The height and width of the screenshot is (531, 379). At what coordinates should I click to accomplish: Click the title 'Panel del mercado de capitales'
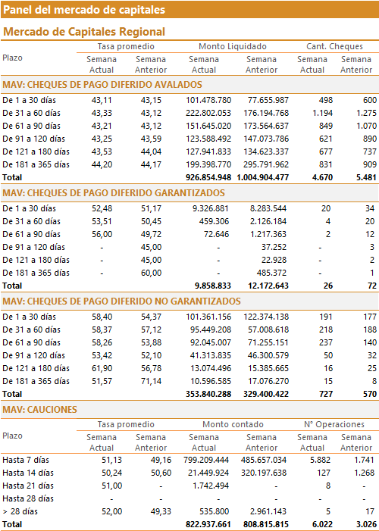84,10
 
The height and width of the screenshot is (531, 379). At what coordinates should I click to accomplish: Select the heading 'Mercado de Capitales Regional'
84,32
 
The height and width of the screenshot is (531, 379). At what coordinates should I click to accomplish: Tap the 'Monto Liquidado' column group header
233,46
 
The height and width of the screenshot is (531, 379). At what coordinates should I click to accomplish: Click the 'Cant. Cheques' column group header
334,46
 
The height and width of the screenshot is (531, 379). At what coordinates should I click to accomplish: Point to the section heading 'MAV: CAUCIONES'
39,410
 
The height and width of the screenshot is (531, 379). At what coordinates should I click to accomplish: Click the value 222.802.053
208,113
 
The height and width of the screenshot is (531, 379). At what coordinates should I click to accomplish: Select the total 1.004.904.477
263,177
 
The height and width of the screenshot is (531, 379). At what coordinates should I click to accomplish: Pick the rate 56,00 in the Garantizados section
102,234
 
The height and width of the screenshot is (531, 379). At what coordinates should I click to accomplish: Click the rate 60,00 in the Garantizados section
151,273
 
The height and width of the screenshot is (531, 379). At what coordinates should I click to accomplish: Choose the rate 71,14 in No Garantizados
151,381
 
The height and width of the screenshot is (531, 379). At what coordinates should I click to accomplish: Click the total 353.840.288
208,394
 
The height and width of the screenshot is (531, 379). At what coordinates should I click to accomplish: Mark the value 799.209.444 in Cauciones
206,461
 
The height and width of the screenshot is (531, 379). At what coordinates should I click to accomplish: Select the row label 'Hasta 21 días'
28,486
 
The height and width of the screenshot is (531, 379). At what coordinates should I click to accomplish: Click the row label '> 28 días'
20,512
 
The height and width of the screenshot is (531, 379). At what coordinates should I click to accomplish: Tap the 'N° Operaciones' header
334,424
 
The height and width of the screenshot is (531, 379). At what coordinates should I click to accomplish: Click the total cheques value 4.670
321,177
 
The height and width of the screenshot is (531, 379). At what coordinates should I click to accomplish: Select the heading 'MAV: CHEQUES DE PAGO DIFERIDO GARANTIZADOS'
114,193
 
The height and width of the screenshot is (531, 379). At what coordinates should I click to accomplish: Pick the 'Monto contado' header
233,424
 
